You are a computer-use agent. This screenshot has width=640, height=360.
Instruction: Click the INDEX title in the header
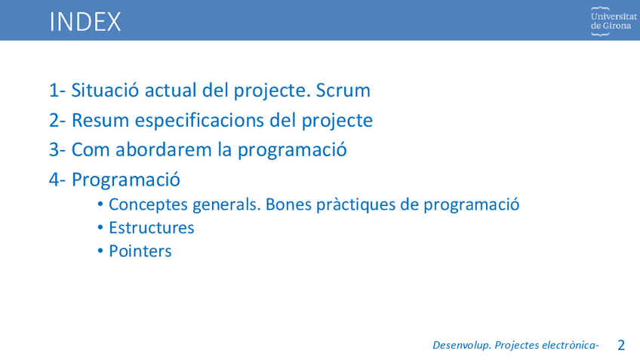85,22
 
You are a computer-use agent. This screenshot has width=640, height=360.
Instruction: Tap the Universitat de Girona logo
614,21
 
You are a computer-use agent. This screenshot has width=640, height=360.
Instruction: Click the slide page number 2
621,346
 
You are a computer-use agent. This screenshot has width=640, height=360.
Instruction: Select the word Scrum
343,91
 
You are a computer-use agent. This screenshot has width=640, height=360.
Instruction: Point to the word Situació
105,91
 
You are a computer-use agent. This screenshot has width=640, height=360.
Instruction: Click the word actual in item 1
171,91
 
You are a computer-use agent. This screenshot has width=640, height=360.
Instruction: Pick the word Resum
100,121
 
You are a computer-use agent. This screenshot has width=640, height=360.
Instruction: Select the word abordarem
163,149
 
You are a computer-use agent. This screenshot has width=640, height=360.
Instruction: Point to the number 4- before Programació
57,180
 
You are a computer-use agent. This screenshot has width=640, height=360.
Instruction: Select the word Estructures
152,228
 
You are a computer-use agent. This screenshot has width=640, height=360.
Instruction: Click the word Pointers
140,251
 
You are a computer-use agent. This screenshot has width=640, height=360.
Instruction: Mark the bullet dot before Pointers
100,251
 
